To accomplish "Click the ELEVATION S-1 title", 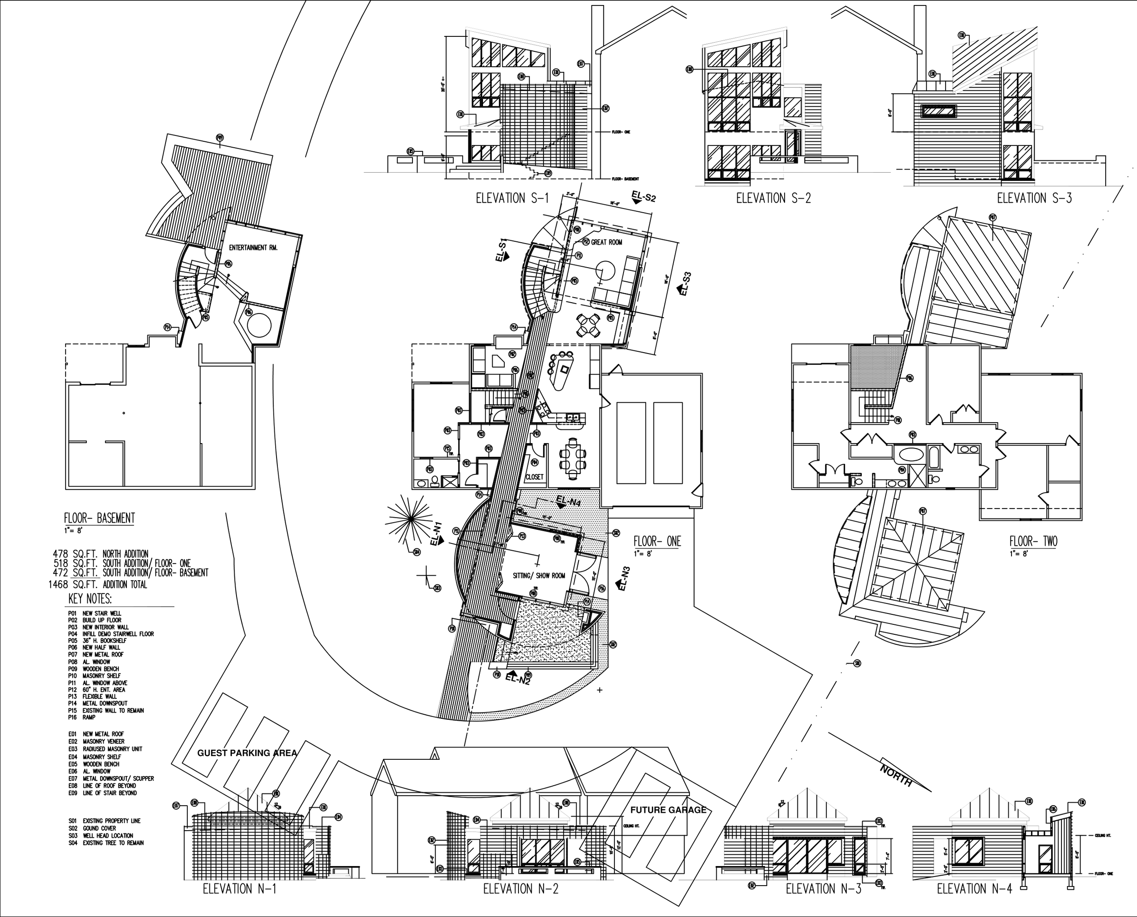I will pyautogui.click(x=512, y=198).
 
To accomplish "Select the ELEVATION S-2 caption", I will pyautogui.click(x=773, y=198).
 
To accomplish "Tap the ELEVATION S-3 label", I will pyautogui.click(x=1034, y=198).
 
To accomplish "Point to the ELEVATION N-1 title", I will pyautogui.click(x=239, y=888).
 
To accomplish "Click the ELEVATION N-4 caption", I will pyautogui.click(x=974, y=888).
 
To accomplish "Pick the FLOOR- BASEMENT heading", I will pyautogui.click(x=100, y=518).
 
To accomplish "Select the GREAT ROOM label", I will pyautogui.click(x=606, y=243).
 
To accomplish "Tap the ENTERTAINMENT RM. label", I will pyautogui.click(x=253, y=247).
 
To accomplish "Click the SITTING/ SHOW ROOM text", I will pyautogui.click(x=538, y=576).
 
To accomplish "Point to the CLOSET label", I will pyautogui.click(x=534, y=477).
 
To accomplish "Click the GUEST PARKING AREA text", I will pyautogui.click(x=247, y=753).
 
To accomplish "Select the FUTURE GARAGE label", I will pyautogui.click(x=668, y=810).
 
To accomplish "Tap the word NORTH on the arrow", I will pyautogui.click(x=896, y=773).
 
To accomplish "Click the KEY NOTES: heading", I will pyautogui.click(x=90, y=599).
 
